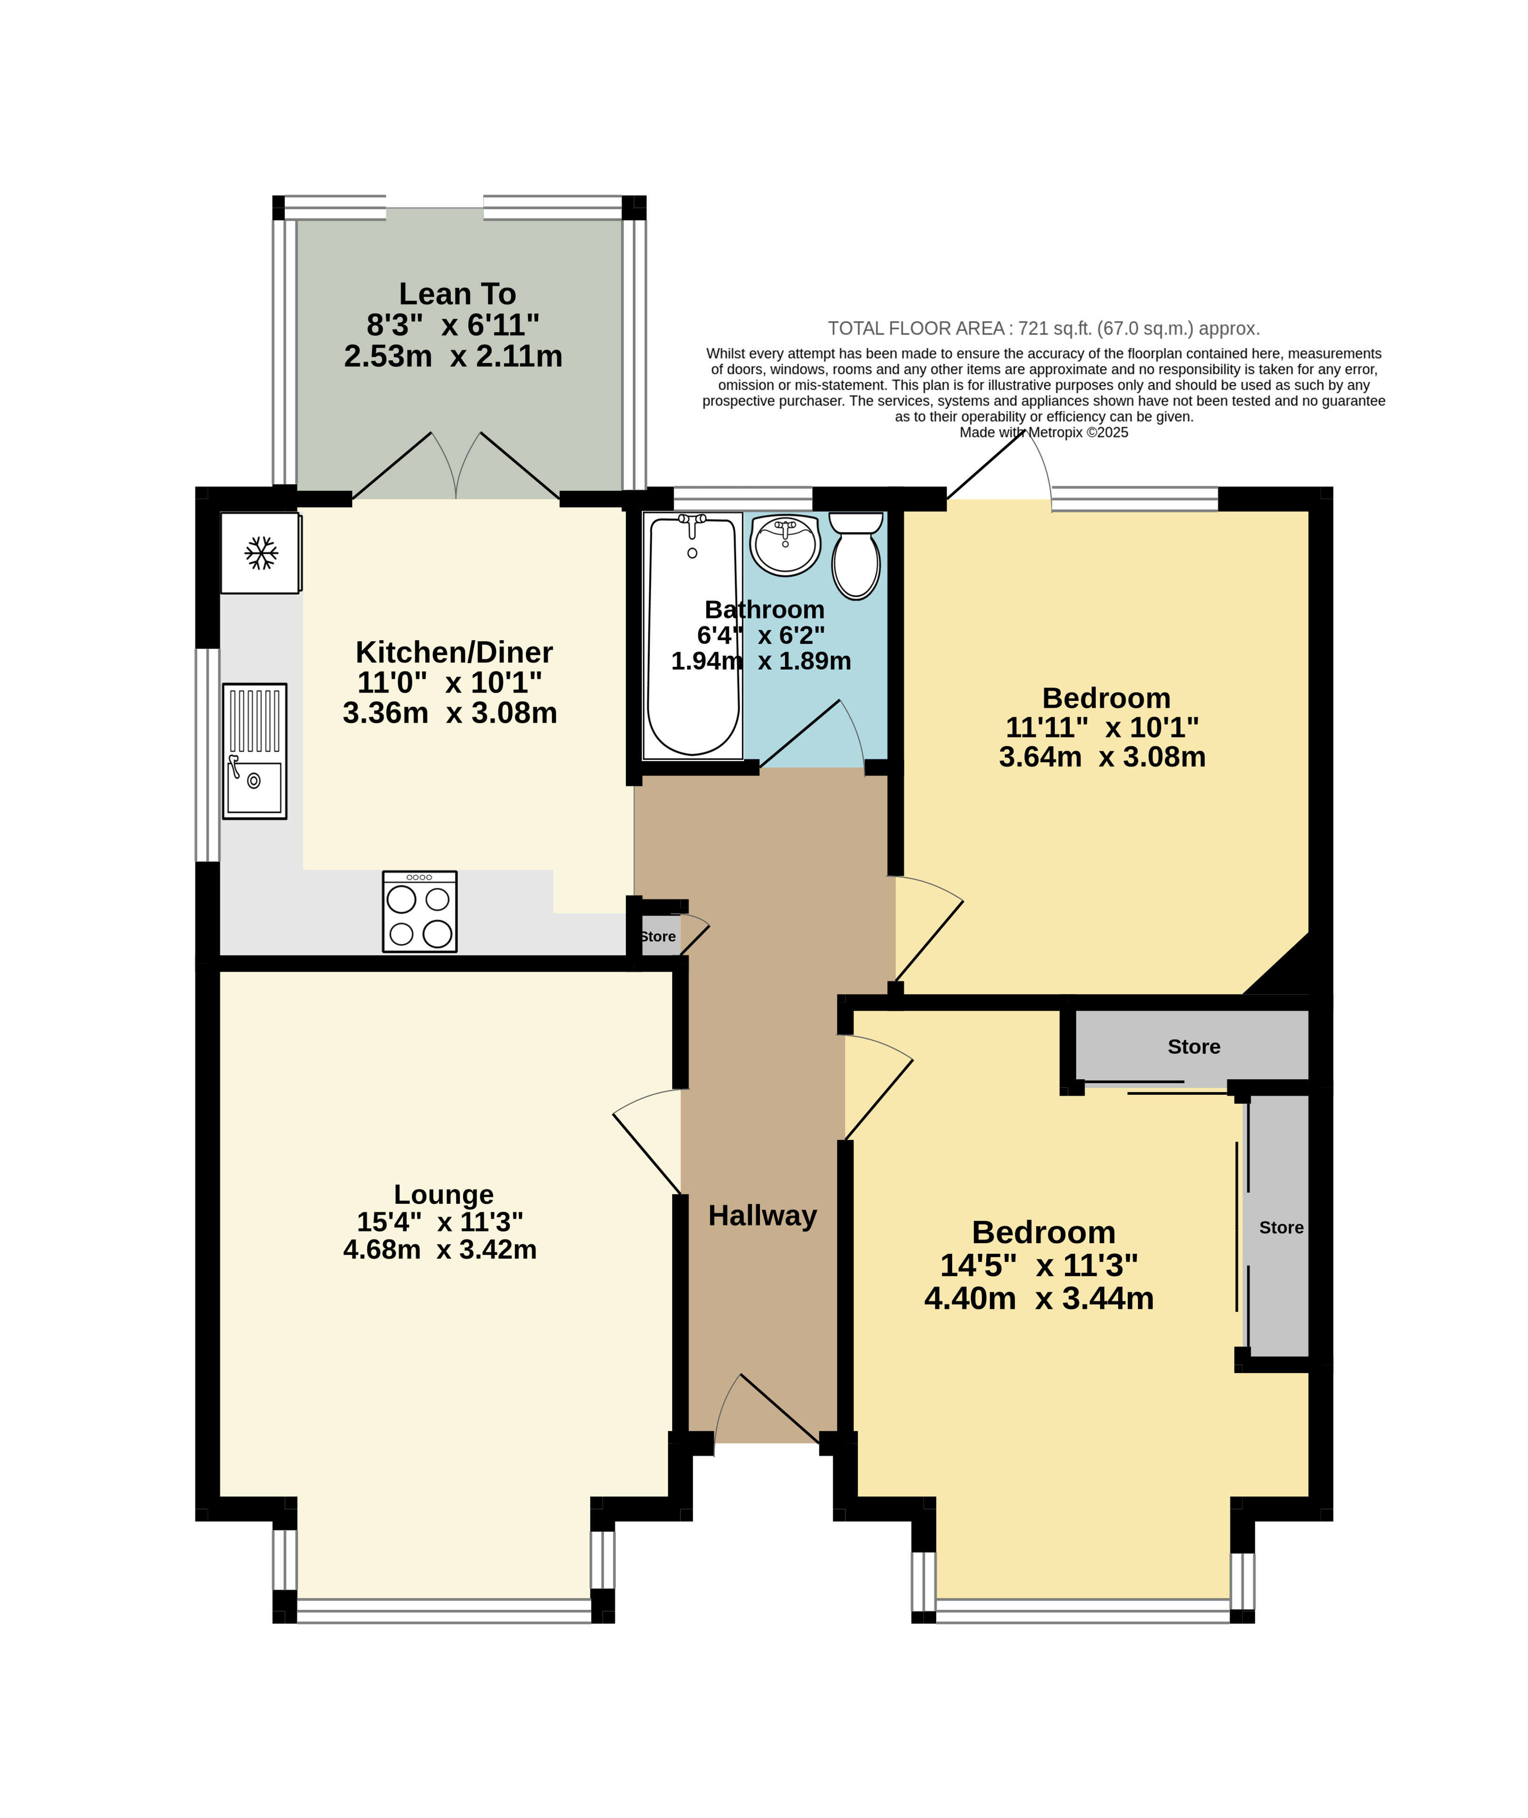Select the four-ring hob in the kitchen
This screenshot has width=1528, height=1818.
point(419,912)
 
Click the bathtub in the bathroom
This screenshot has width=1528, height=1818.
point(693,635)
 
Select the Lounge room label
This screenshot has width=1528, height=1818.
point(443,1195)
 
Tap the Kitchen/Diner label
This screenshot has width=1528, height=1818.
point(454,652)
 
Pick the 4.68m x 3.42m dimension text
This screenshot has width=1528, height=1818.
point(440,1250)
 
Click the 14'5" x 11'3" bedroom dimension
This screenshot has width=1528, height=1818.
point(1038,1266)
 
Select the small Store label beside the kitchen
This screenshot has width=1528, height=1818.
point(659,936)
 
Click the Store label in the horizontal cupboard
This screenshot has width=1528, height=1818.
point(1194,1046)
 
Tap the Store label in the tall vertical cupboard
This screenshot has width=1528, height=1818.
point(1281,1227)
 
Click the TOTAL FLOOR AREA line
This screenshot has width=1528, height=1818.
point(1044,328)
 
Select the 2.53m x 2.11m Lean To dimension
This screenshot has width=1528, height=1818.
point(453,356)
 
